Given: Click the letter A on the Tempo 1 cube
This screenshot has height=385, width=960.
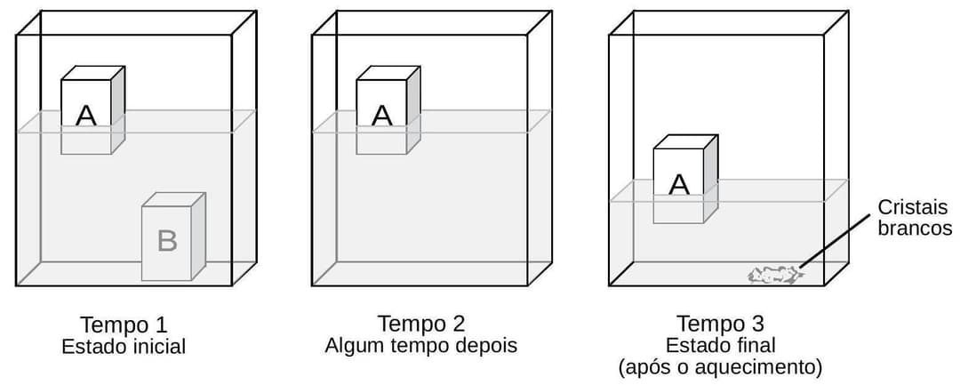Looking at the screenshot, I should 86,115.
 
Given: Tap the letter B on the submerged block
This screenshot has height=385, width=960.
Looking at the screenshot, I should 167,241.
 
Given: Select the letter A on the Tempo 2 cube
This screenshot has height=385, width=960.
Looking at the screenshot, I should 381,115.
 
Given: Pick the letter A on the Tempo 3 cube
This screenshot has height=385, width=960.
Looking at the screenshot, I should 678,184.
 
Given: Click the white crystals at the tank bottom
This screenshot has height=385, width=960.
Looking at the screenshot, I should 775,276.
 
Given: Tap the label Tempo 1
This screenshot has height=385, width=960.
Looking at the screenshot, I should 124,324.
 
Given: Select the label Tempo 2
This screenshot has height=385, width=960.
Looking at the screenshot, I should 421,324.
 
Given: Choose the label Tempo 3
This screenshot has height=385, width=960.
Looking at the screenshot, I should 720,324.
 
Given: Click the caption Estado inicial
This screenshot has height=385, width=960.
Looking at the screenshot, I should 124,347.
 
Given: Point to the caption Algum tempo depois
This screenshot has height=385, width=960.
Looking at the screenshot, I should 420,345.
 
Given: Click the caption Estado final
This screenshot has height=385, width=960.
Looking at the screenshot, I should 720,345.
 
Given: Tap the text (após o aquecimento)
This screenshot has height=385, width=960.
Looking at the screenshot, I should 720,365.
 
